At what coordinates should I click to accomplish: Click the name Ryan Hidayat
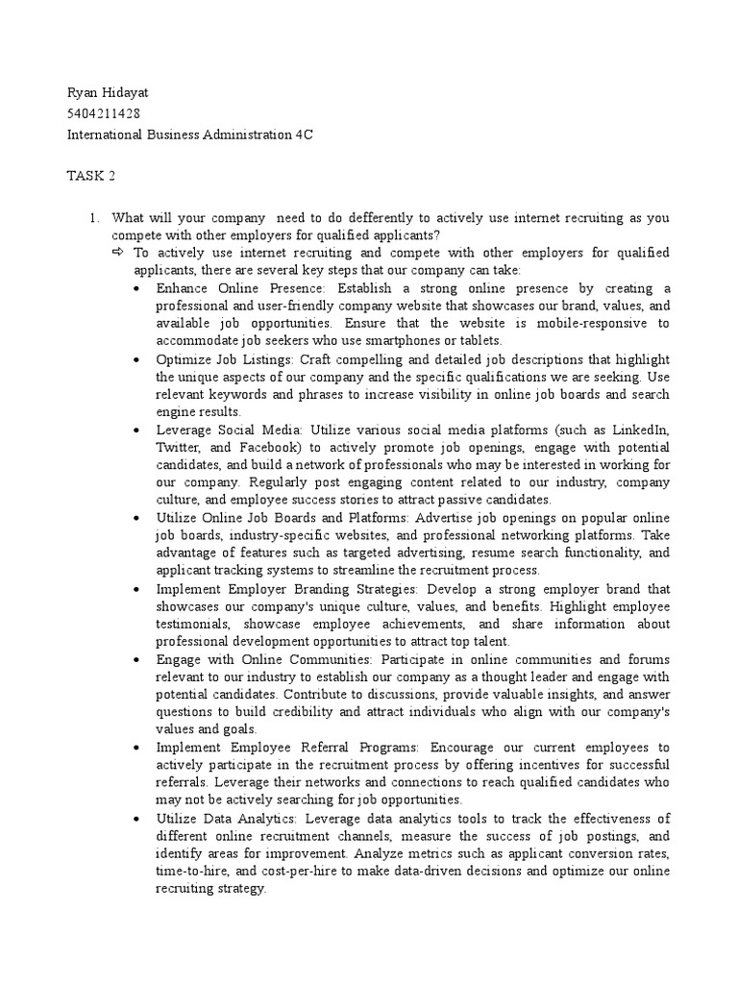click(107, 92)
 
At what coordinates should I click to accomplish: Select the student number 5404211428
click(103, 113)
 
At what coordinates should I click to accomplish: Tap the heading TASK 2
click(90, 176)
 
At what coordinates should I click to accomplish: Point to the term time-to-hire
click(192, 871)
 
